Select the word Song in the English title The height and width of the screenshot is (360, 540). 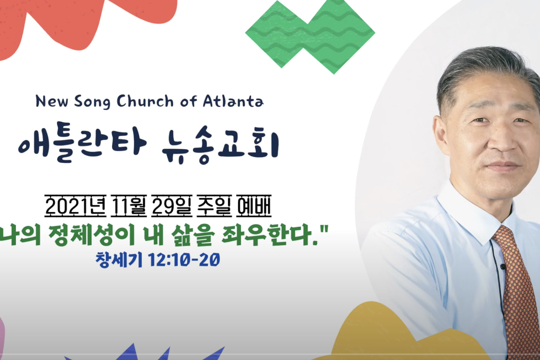pyautogui.click(x=92, y=102)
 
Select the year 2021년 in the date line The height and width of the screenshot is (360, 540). pyautogui.click(x=75, y=206)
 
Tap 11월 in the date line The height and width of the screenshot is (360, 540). pyautogui.click(x=129, y=206)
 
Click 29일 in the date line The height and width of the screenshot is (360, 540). pyautogui.click(x=172, y=206)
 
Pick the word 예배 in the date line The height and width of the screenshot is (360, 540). pyautogui.click(x=254, y=206)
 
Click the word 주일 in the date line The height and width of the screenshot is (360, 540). pyautogui.click(x=214, y=206)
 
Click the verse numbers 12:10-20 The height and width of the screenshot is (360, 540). pyautogui.click(x=184, y=260)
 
